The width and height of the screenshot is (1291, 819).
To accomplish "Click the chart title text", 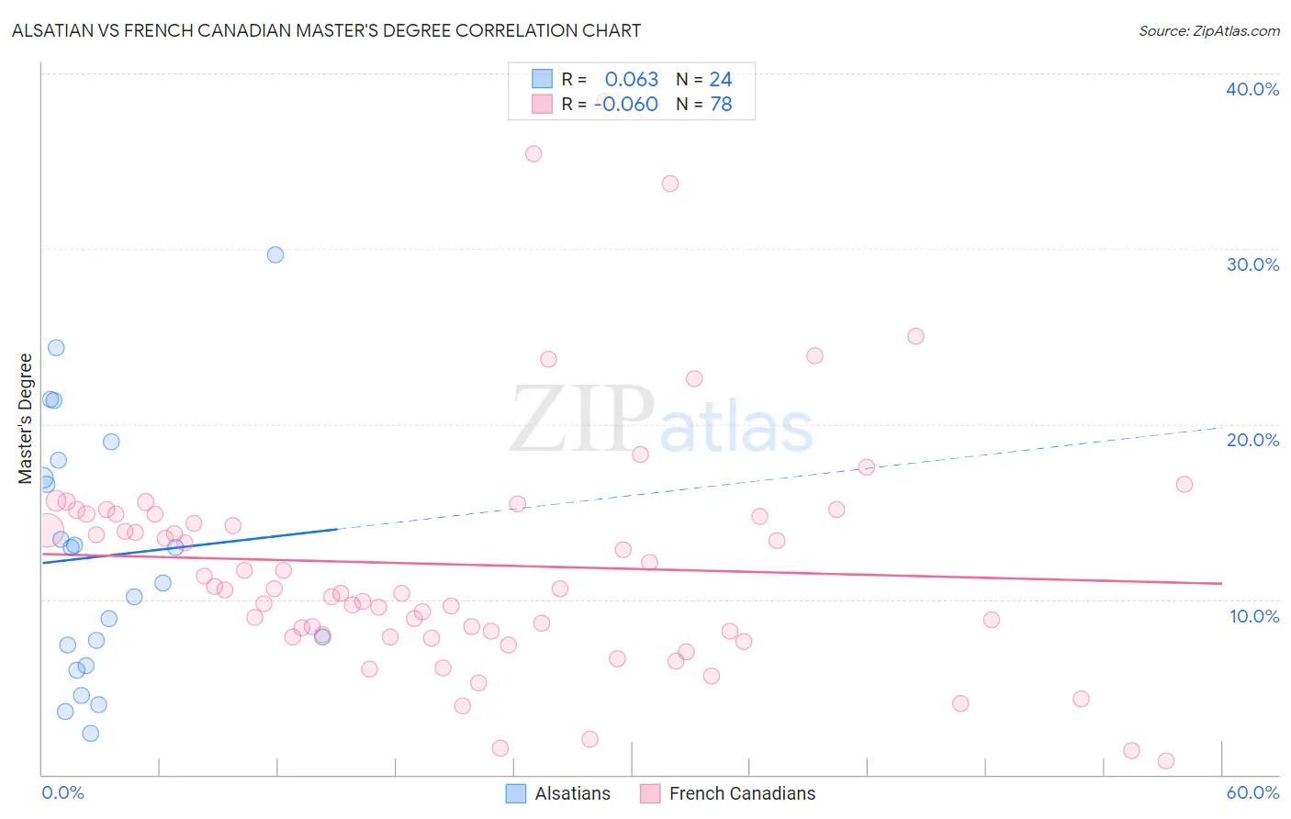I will [x=326, y=30].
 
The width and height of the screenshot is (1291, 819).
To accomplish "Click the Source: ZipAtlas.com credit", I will [x=1208, y=30].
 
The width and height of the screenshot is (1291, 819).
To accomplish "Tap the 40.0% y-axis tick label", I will [x=1252, y=89].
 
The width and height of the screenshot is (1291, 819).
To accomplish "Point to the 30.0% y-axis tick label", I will [x=1252, y=264].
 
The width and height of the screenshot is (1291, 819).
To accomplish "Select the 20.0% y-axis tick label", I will [x=1252, y=440].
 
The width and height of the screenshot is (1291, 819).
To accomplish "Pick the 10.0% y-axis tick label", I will [x=1253, y=616].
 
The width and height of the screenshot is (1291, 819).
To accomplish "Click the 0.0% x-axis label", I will [x=62, y=792].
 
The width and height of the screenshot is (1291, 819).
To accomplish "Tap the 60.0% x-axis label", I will [x=1252, y=792].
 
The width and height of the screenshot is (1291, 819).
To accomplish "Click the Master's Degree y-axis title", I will [x=26, y=419].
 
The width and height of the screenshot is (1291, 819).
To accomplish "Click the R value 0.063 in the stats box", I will [x=631, y=80].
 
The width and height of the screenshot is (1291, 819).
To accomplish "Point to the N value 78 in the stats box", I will [x=721, y=105].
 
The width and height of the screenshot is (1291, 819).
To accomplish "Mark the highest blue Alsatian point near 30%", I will [x=275, y=254].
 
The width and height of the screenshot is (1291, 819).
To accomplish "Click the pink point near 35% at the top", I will [x=533, y=153].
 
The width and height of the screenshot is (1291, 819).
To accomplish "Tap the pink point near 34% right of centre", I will [x=670, y=184].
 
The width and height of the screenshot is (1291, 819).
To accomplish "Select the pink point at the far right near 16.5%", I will [x=1184, y=484].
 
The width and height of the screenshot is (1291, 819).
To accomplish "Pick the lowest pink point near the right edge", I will [x=1166, y=760].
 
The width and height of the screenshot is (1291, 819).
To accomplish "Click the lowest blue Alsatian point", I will [x=90, y=733].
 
